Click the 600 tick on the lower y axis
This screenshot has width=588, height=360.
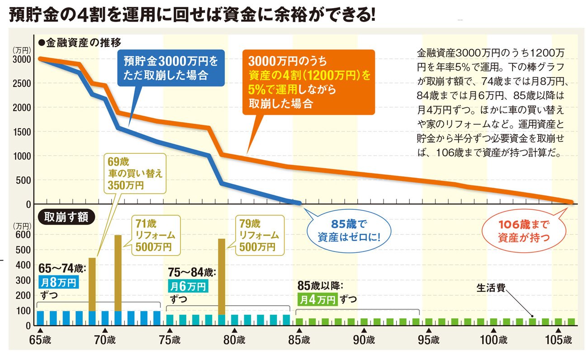tap(24, 235)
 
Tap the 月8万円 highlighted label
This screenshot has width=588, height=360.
tap(58, 283)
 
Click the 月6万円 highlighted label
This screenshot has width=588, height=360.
tap(188, 286)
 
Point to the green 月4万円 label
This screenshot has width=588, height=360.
tap(317, 299)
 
